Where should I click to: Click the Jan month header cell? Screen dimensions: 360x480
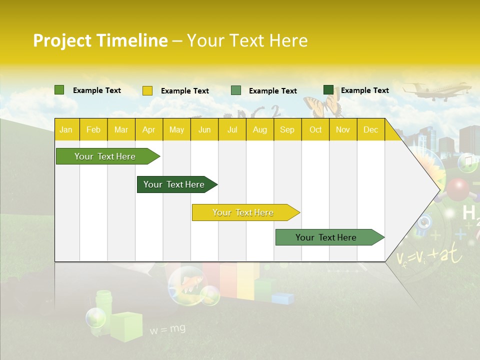66,129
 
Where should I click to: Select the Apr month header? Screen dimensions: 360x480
149,129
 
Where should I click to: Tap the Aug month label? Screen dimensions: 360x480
259,129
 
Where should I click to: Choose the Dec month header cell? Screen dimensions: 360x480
370,129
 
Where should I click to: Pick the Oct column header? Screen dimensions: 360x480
315,129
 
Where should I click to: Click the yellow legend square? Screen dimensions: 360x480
147,90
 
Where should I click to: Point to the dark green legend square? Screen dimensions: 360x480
328,90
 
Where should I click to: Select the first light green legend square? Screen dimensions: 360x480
59,90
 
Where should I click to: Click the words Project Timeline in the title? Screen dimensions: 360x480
100,40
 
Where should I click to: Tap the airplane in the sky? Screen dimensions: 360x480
436,91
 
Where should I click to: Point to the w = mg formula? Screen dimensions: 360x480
167,329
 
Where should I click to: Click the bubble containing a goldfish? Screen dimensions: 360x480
186,284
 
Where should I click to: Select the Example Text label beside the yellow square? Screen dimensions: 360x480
184,91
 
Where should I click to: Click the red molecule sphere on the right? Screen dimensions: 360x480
457,189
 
